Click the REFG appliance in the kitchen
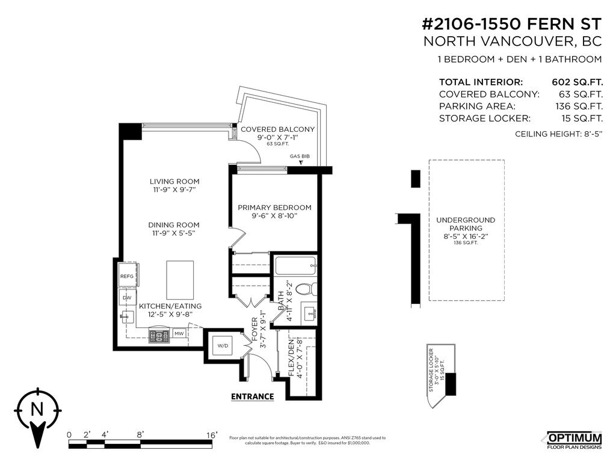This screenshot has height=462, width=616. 128,277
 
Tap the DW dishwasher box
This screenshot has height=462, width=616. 127,297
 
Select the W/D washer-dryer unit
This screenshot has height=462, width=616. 223,345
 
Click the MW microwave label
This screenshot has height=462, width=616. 179,333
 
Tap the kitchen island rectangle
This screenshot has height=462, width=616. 180,280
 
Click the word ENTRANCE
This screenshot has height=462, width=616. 253,396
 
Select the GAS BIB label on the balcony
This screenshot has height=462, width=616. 300,156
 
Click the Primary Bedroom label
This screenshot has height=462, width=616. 274,208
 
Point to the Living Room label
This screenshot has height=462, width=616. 174,181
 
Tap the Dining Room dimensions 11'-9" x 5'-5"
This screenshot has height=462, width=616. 174,233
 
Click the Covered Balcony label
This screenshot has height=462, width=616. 277,129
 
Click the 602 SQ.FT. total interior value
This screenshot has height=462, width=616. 577,82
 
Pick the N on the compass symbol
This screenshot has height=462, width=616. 37,410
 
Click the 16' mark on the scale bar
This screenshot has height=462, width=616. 212,434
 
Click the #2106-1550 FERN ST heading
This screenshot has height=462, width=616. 512,24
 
